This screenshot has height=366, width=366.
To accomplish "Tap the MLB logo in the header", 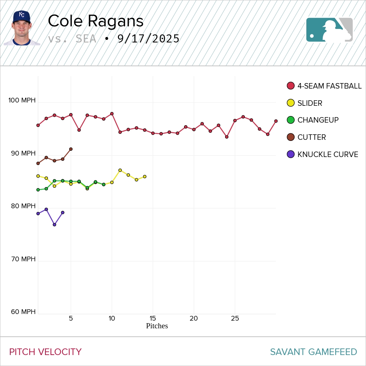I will click(x=329, y=30).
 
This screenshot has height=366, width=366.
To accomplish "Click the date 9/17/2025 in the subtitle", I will click(x=148, y=39).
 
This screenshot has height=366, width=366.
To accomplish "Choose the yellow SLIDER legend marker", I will click(x=291, y=103).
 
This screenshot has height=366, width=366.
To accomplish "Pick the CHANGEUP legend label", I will click(x=318, y=120).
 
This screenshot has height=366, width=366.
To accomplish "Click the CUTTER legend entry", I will click(x=311, y=137).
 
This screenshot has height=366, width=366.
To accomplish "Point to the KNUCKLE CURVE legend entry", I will click(x=328, y=154).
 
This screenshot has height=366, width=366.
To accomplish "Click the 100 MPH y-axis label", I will click(x=22, y=100).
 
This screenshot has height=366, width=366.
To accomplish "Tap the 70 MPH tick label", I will click(x=23, y=259).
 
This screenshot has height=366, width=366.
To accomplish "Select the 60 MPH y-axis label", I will click(x=23, y=312).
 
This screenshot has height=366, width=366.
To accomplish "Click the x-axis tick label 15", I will click(x=153, y=318).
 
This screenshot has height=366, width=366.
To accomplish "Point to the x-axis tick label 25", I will click(x=235, y=318).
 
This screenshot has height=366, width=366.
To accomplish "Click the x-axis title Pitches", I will click(x=157, y=326).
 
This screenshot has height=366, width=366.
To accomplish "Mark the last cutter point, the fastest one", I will click(x=71, y=149).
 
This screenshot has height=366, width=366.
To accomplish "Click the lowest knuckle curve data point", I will click(x=55, y=225).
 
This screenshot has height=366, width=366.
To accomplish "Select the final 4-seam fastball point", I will click(x=276, y=121).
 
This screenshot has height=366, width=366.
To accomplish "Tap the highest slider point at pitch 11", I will click(x=120, y=170).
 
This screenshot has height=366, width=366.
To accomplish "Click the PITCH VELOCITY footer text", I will click(x=45, y=352).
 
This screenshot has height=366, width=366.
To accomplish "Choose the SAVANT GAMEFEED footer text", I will click(x=313, y=352).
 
